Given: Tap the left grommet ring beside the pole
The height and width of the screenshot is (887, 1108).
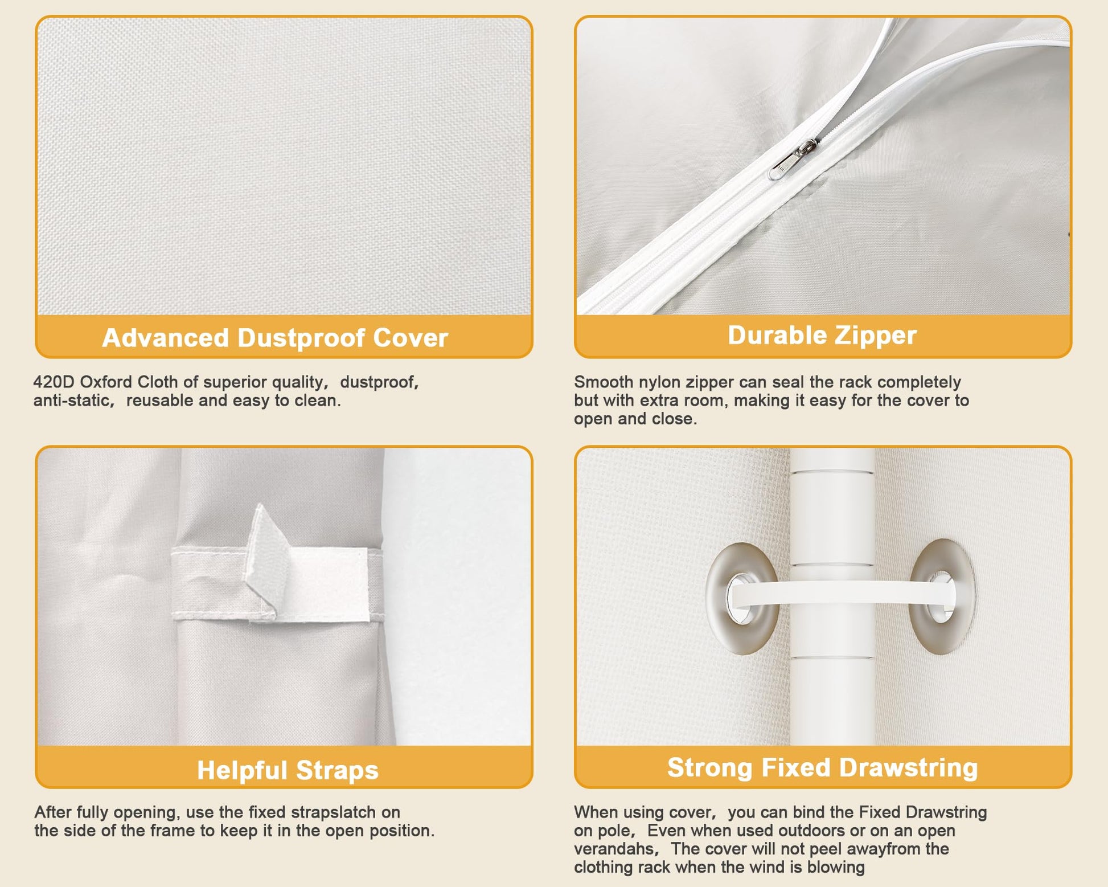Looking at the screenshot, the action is point(742,599).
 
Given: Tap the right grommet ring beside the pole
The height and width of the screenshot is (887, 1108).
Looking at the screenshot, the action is point(941,597).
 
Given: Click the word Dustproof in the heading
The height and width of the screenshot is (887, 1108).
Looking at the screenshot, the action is point(301,338).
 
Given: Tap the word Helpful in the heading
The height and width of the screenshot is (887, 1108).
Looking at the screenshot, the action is point(242,770).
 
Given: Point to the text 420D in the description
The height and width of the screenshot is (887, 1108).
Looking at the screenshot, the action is point(54,382).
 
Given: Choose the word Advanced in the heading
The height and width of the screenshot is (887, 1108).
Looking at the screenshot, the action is point(166,338).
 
